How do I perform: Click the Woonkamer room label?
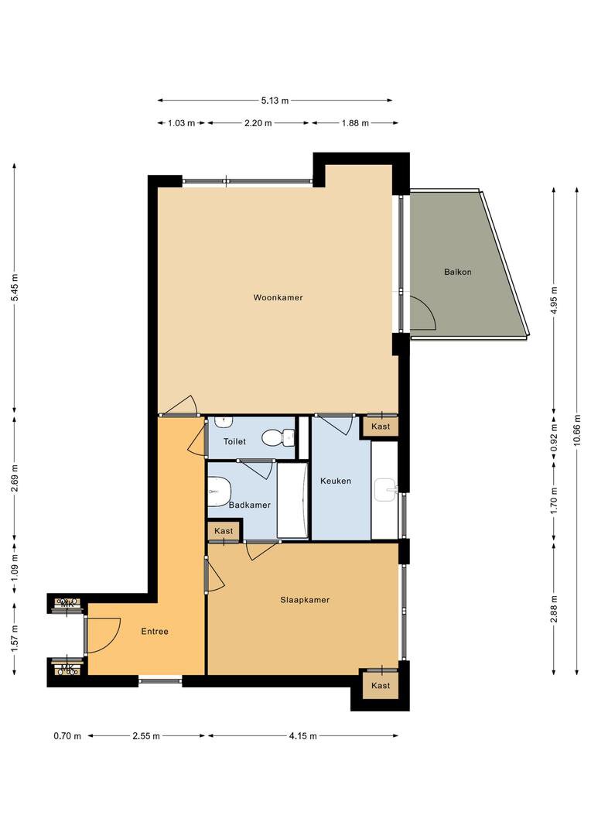(278, 297)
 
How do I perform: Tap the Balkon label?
(458, 272)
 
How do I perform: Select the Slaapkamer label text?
(305, 600)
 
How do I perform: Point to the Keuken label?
(336, 481)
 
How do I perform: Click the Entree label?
(155, 632)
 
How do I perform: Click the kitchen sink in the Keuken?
(386, 489)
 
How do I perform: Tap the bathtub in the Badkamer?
(292, 500)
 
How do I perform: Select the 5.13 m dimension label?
(275, 100)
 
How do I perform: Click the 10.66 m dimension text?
(577, 429)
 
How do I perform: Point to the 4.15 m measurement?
(303, 736)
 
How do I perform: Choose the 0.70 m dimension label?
(67, 736)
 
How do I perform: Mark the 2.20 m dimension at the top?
(258, 123)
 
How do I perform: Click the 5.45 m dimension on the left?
(15, 287)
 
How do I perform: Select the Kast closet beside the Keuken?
(381, 427)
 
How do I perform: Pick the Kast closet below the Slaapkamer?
(381, 685)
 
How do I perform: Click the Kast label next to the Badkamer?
(224, 531)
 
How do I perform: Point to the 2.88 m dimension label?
(554, 609)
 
